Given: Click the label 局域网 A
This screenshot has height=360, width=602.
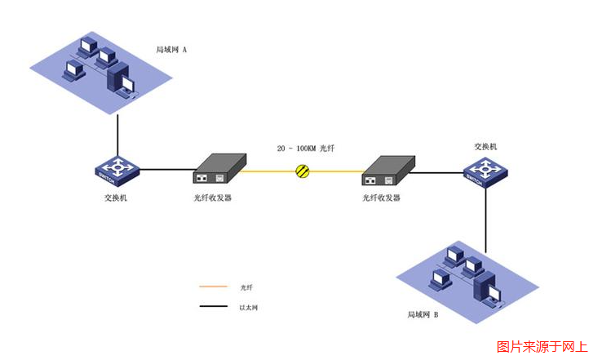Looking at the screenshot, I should click(171, 50).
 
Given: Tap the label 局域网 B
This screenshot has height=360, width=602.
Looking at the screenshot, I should click(423, 313).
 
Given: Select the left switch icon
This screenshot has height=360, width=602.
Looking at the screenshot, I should click(117, 170).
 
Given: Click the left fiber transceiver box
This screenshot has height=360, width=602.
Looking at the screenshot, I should click(219, 169).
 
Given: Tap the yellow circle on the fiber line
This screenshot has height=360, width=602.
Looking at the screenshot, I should click(303, 171).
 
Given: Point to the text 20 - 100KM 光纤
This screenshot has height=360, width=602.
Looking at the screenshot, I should click(306, 149).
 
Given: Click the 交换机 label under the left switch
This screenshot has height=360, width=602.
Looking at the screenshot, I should click(116, 197).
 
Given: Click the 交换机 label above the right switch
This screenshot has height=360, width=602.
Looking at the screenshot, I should click(485, 147).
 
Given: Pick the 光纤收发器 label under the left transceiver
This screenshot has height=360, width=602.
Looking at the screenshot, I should click(213, 198).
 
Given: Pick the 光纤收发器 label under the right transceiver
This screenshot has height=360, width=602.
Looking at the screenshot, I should click(382, 198).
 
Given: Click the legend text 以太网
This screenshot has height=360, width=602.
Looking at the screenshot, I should click(249, 308).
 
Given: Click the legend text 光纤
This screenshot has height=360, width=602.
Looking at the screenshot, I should click(247, 288).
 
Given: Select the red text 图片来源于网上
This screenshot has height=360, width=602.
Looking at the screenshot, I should click(542, 347).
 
